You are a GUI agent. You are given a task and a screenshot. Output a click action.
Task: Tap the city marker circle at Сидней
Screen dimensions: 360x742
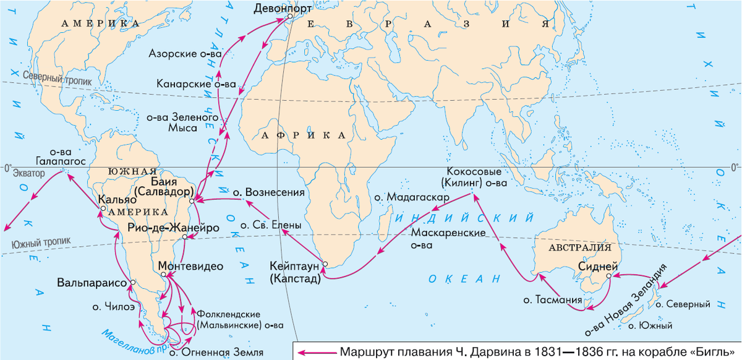click(609, 276)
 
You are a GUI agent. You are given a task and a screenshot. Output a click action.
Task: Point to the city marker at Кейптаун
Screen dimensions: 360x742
click(325, 266)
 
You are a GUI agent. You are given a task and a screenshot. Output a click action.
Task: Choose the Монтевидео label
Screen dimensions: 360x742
click(190, 265)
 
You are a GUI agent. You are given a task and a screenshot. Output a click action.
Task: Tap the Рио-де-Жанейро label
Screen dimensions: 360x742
click(173, 228)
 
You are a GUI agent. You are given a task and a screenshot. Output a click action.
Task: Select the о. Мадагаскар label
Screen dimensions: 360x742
click(411, 197)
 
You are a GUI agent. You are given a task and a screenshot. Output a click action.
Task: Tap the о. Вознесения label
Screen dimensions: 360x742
click(269, 192)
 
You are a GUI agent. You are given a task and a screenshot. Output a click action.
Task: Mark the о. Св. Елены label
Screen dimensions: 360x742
click(271, 226)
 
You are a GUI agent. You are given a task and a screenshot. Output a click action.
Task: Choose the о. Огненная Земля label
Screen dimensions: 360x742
click(216, 353)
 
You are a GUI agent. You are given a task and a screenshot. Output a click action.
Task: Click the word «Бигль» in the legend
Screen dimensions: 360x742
click(719, 352)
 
